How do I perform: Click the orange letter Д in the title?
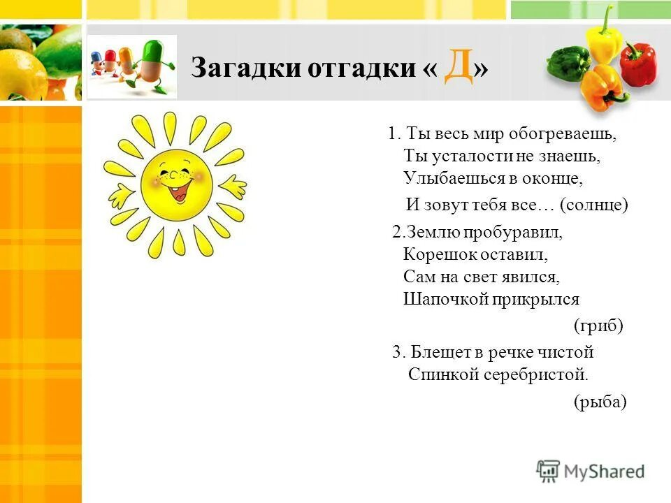458,67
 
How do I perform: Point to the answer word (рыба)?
600,401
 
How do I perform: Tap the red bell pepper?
637,64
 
